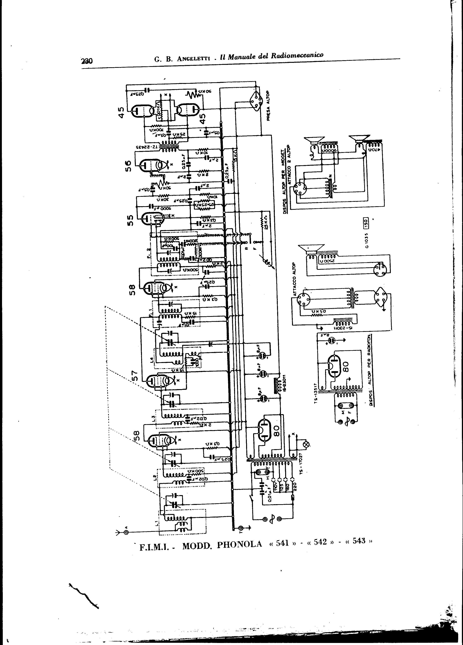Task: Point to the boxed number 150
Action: pos(366,222)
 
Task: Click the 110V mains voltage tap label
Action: pos(275,483)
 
